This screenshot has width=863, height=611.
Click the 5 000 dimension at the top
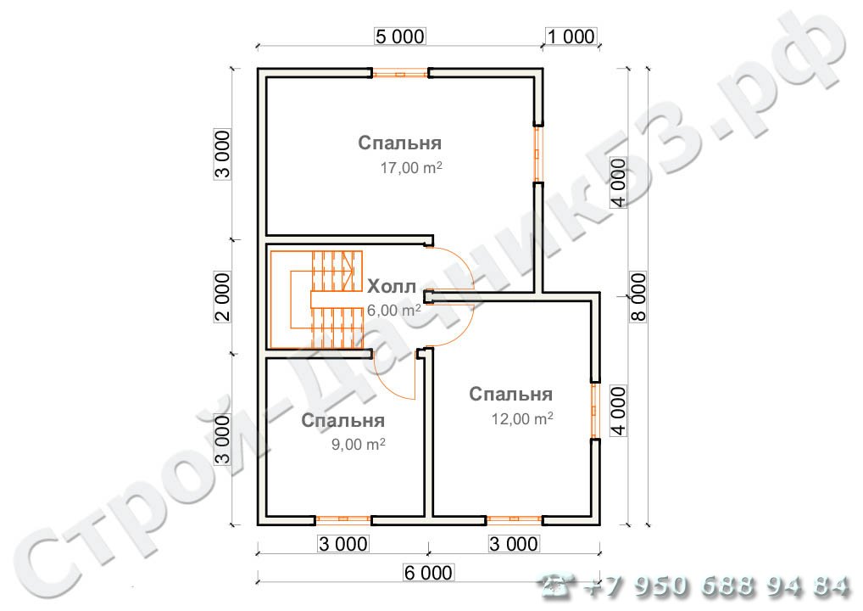(400, 36)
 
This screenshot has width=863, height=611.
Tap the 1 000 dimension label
(571, 36)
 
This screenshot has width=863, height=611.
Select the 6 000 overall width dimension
(428, 573)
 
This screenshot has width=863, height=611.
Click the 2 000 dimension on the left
(222, 296)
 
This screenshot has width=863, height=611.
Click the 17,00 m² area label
(411, 167)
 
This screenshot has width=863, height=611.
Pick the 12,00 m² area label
(521, 418)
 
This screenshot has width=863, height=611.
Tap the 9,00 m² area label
(359, 444)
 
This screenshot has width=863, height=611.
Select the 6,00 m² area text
(394, 311)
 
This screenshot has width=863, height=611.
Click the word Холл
(392, 287)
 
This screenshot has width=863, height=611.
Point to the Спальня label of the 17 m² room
(399, 143)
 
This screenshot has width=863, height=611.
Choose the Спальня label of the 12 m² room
(510, 394)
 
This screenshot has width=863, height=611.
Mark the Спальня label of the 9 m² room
(342, 420)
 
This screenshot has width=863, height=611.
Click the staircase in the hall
(316, 300)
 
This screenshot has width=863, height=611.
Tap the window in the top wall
(400, 73)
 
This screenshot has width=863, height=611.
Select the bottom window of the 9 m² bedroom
(342, 519)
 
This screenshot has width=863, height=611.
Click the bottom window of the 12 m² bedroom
(514, 519)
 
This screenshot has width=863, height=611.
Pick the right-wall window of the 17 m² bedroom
(538, 154)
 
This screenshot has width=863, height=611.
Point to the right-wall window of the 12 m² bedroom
(595, 410)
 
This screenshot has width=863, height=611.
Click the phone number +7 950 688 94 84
(715, 586)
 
